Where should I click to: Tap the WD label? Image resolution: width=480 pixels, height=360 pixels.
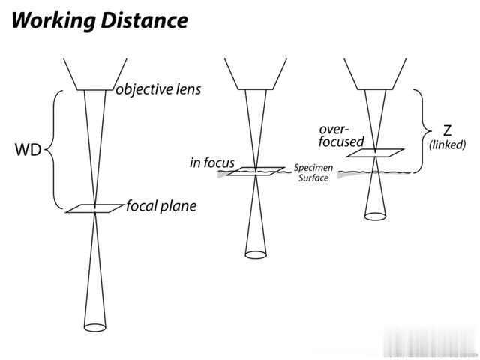point(27,150)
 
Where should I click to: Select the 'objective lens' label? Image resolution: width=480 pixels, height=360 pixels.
point(158,90)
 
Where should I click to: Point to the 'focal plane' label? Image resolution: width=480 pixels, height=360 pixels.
point(161,205)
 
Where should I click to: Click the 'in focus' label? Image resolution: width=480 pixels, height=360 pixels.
point(212,162)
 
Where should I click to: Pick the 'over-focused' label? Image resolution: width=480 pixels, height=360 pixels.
point(342,135)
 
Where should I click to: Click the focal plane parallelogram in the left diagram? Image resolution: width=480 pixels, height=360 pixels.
point(94,208)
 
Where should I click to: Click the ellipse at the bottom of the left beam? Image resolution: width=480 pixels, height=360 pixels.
point(94,326)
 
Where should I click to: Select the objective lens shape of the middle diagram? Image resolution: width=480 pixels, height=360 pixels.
point(255,73)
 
